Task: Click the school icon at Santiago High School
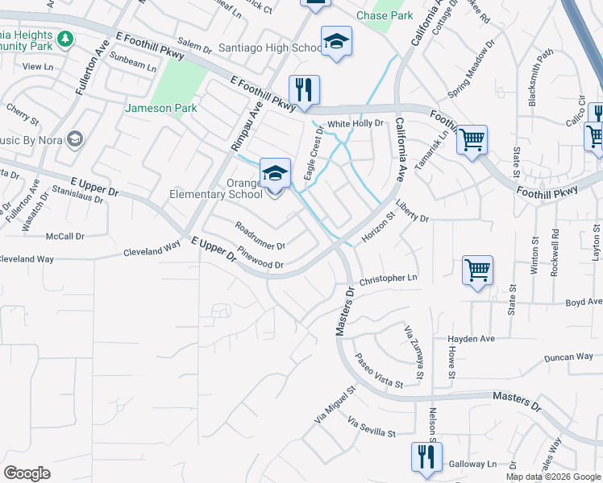(x=336, y=42)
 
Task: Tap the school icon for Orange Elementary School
(x=274, y=173)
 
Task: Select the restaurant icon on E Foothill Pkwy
(x=304, y=90)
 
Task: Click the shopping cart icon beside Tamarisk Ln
(x=472, y=139)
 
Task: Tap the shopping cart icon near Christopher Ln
(x=477, y=270)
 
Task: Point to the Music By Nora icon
(x=75, y=139)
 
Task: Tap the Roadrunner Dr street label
(x=260, y=236)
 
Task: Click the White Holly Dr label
(x=355, y=123)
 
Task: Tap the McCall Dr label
(x=65, y=237)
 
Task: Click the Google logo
(x=27, y=473)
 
